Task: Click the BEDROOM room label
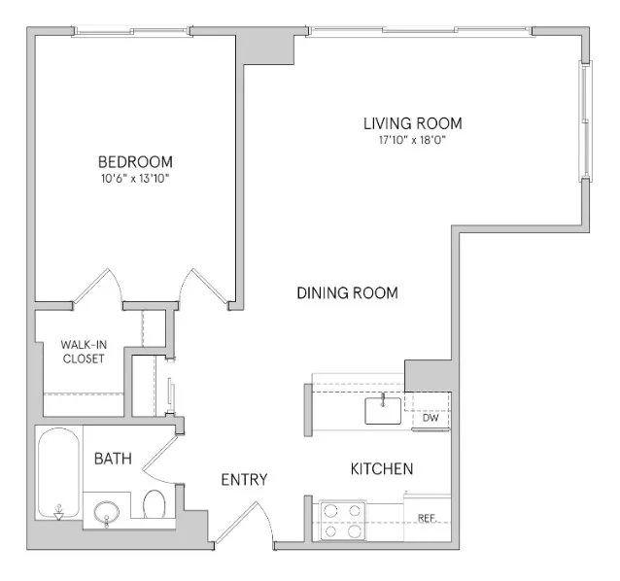135,161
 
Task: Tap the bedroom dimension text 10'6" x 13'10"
135,178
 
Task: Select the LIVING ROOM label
412,123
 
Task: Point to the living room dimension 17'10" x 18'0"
412,140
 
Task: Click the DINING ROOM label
347,292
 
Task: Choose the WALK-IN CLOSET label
83,351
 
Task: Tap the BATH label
114,457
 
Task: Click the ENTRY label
244,479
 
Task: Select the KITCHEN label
382,469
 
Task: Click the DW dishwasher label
431,418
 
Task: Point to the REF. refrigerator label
426,518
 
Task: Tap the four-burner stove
343,520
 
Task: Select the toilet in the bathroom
154,505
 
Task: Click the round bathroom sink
107,510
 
